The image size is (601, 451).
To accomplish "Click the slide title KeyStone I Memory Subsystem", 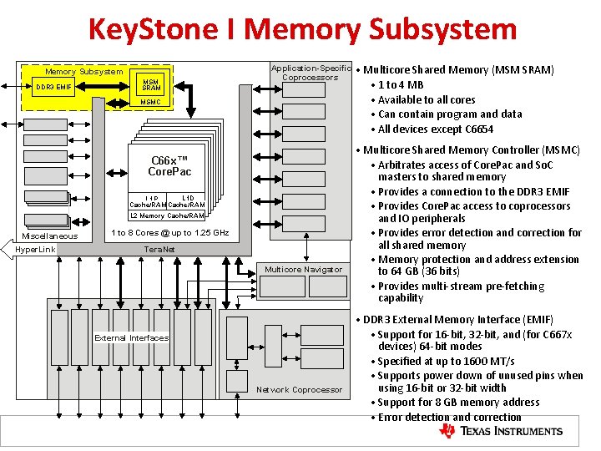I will pos(302,30).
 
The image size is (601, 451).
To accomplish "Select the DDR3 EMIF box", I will pos(57,87).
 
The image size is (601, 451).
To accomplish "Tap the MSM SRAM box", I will pos(151,84).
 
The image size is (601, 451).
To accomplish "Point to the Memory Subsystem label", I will pos(83,72).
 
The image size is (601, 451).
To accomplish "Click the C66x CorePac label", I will pos(169,166).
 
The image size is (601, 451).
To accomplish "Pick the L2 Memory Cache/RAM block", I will pos(167,216).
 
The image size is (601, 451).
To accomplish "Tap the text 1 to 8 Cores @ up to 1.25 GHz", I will pos(169,232).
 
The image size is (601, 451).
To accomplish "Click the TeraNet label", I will pos(159,249).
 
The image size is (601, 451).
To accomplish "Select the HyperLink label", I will pos(37,250).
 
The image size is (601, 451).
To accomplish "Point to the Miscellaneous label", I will pos(50,236).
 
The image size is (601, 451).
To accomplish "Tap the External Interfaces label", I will pos(131,338).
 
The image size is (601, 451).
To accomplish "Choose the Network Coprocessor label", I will pos(299,389).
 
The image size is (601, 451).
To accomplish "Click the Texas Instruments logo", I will pos(501,431).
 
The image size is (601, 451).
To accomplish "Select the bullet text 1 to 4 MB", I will pos(401,84).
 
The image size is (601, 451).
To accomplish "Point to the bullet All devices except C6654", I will pos(435,129).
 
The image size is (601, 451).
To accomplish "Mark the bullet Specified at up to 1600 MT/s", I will pos(446,361).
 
